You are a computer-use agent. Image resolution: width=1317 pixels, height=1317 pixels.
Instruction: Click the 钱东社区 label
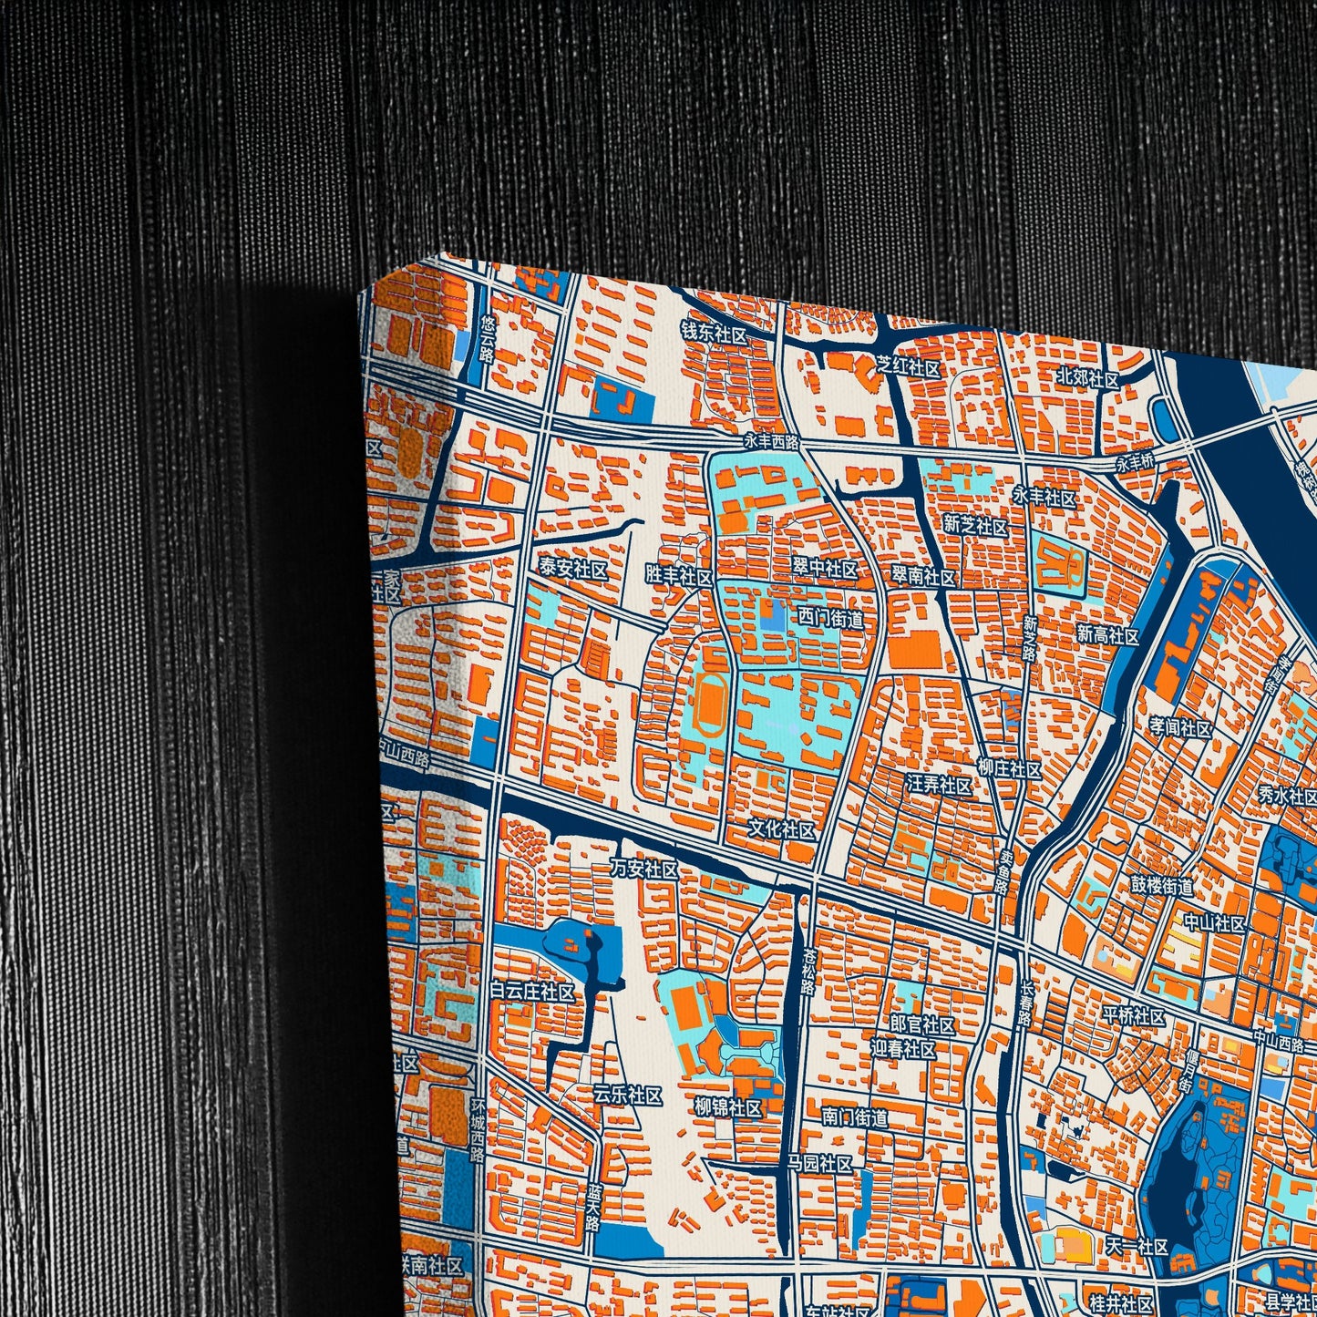click(x=714, y=334)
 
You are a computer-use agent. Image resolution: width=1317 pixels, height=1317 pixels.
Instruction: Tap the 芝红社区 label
click(x=908, y=368)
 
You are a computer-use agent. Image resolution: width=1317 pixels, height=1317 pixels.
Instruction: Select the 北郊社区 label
click(x=1087, y=378)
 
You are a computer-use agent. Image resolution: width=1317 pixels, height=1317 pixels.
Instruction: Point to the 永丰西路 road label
click(x=771, y=442)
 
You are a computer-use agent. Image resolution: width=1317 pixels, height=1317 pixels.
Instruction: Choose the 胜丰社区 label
click(x=678, y=576)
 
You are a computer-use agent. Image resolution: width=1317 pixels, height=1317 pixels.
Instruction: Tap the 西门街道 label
click(x=830, y=619)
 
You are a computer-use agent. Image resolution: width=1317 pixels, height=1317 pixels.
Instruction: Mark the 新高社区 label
click(x=1107, y=635)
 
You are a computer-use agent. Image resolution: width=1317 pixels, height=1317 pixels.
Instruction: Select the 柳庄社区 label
click(x=1009, y=770)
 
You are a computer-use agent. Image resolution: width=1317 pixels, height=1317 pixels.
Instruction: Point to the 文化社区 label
click(x=781, y=829)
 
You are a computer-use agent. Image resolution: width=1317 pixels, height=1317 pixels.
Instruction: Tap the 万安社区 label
click(x=644, y=869)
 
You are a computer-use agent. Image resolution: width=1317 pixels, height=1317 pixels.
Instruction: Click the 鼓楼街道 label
click(x=1161, y=885)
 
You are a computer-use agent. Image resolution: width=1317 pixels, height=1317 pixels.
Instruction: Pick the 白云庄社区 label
click(x=532, y=992)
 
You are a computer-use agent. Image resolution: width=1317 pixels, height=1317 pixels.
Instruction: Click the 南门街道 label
click(x=854, y=1116)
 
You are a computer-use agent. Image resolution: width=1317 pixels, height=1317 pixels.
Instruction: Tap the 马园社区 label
click(x=820, y=1164)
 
